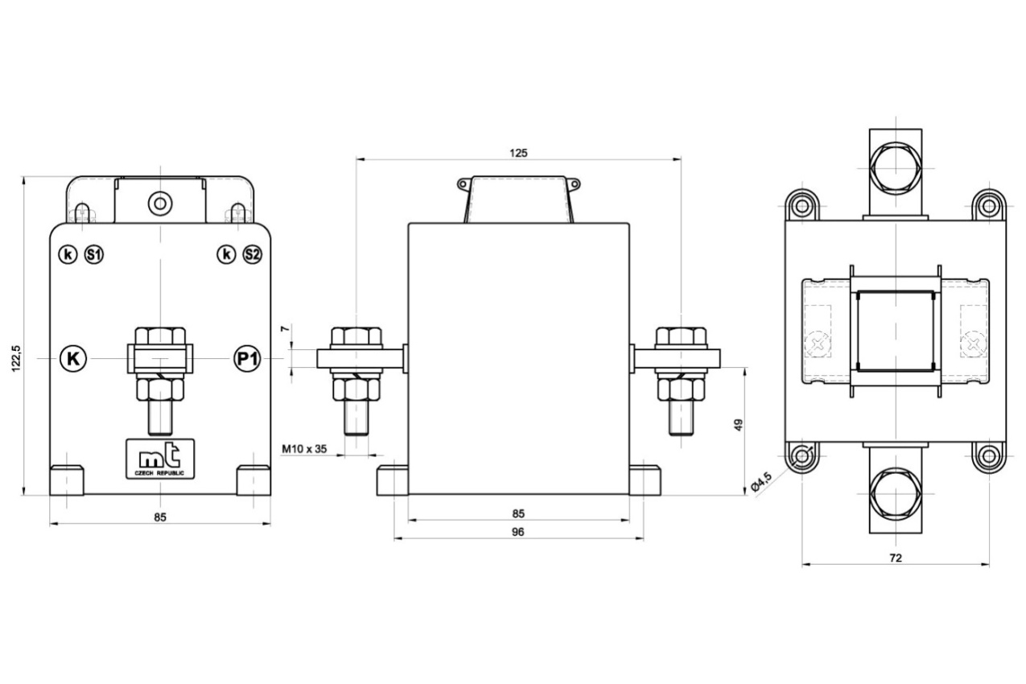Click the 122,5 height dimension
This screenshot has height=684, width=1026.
tap(16, 358)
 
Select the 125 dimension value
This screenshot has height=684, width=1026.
tap(518, 153)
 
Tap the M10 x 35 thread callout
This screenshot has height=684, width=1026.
tap(304, 449)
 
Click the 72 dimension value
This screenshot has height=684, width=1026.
tap(896, 558)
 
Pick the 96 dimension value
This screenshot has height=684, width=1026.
tap(517, 532)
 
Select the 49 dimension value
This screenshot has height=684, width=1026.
tap(739, 425)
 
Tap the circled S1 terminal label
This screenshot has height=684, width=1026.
tap(94, 255)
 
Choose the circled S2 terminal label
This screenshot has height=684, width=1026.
tap(252, 255)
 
